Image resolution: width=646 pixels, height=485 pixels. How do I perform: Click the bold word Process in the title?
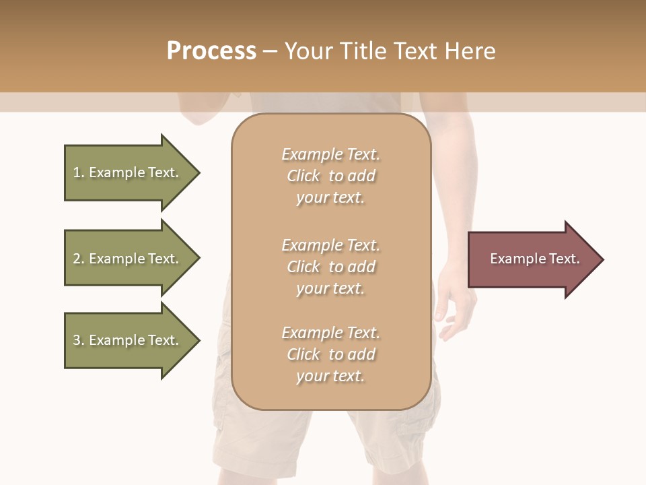click(x=211, y=51)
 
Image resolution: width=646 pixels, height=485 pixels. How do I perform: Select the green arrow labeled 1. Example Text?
click(x=128, y=172)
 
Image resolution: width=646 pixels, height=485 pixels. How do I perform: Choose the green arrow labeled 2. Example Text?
click(x=128, y=259)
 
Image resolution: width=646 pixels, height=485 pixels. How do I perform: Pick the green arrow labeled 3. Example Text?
click(x=128, y=340)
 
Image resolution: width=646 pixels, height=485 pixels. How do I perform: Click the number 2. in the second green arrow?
click(x=79, y=259)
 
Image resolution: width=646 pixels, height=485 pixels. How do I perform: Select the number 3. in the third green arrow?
click(x=79, y=340)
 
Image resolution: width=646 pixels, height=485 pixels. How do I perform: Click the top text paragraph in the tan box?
click(x=330, y=176)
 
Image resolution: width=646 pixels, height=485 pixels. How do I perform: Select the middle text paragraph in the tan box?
click(x=330, y=267)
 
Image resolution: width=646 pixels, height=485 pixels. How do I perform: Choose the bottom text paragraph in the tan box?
click(x=330, y=354)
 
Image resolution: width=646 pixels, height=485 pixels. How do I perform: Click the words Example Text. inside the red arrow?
click(x=534, y=259)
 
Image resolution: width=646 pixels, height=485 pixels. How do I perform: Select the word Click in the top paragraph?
click(x=303, y=176)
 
